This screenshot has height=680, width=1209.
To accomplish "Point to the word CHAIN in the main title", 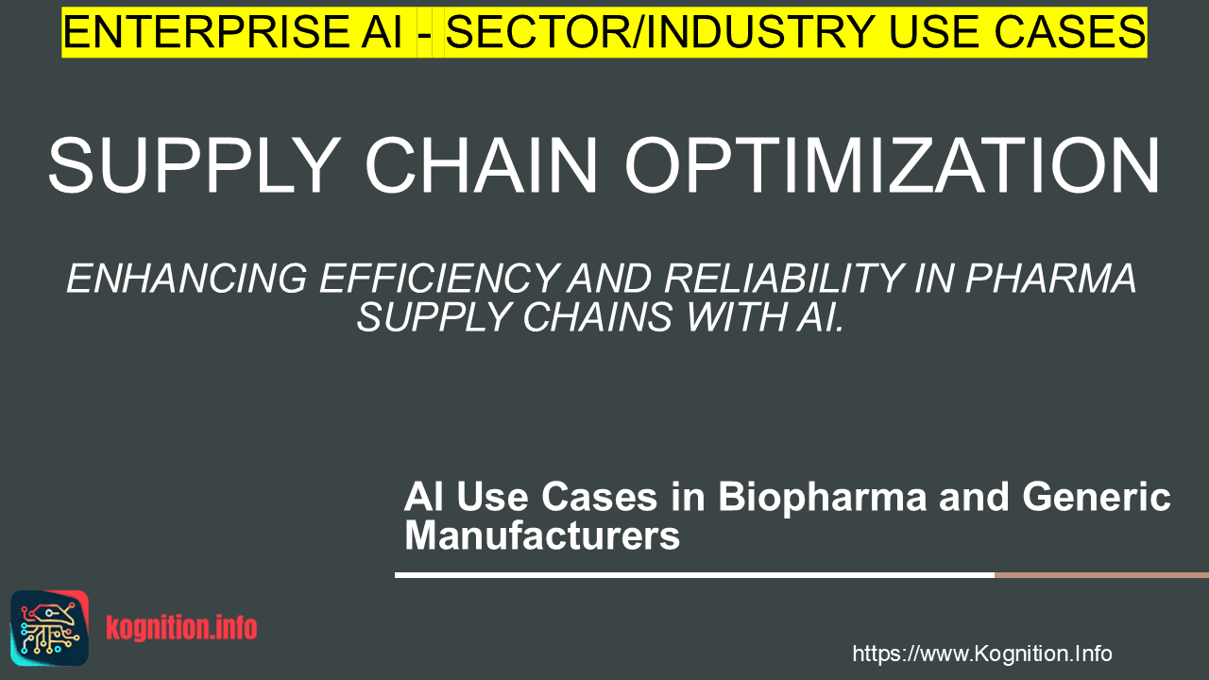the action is click(482, 164).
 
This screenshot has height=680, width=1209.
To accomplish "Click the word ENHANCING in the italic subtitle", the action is click(187, 279).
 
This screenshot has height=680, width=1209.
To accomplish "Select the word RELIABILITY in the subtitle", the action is click(784, 279).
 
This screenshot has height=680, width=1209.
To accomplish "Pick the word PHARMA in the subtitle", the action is click(1050, 279).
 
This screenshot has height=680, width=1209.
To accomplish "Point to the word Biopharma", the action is click(822, 498).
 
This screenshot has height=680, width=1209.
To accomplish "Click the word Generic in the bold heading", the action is click(1097, 497).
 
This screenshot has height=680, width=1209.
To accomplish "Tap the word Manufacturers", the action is click(542, 535).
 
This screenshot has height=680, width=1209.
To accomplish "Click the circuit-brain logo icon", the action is click(50, 628).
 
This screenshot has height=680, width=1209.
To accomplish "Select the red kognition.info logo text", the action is click(181, 628).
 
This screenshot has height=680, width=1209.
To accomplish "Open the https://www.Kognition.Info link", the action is click(982, 654).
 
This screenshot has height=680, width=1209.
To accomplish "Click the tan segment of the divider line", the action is click(1101, 575).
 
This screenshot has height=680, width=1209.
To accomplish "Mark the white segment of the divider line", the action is click(694, 575).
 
